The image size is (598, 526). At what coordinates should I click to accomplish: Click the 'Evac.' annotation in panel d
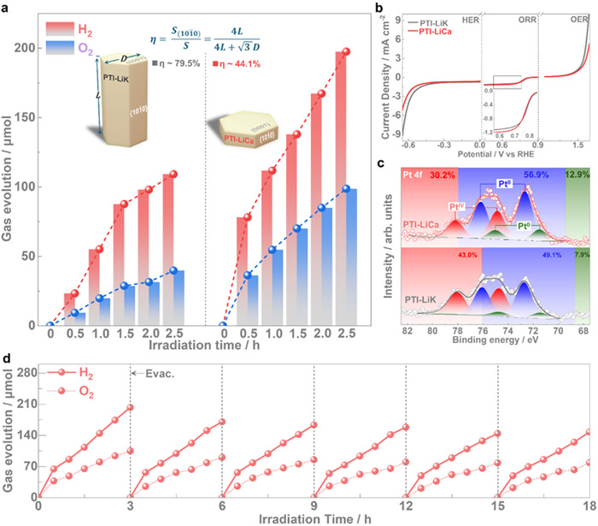148,374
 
